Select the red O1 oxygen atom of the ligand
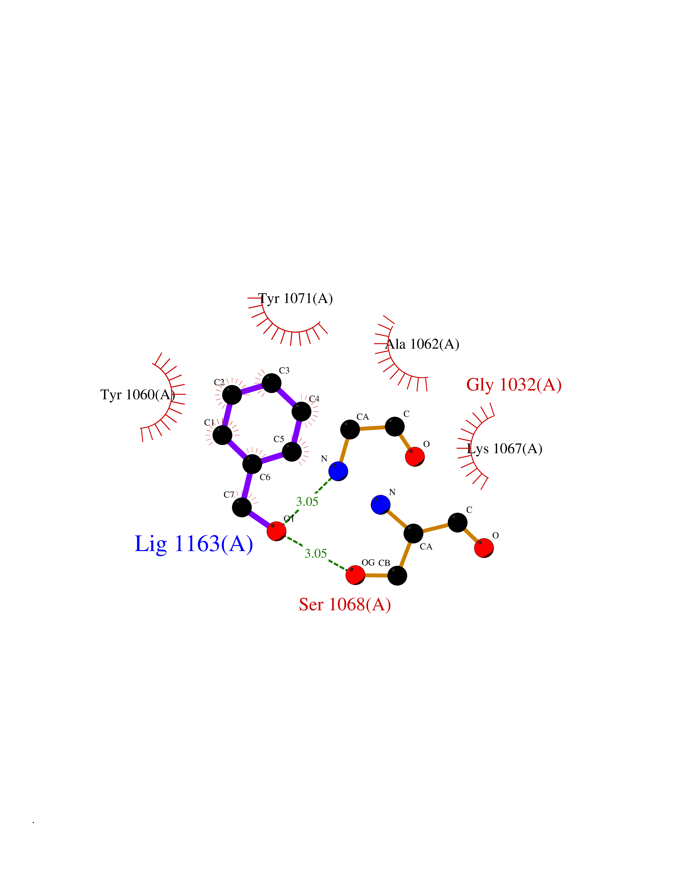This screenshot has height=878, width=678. (x=276, y=531)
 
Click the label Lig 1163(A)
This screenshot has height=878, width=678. (x=194, y=544)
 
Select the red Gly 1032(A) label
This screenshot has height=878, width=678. (x=514, y=385)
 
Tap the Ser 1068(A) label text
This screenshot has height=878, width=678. (x=345, y=604)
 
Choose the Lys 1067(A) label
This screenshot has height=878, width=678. (x=504, y=449)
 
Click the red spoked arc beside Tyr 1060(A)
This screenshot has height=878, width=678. (x=165, y=396)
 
